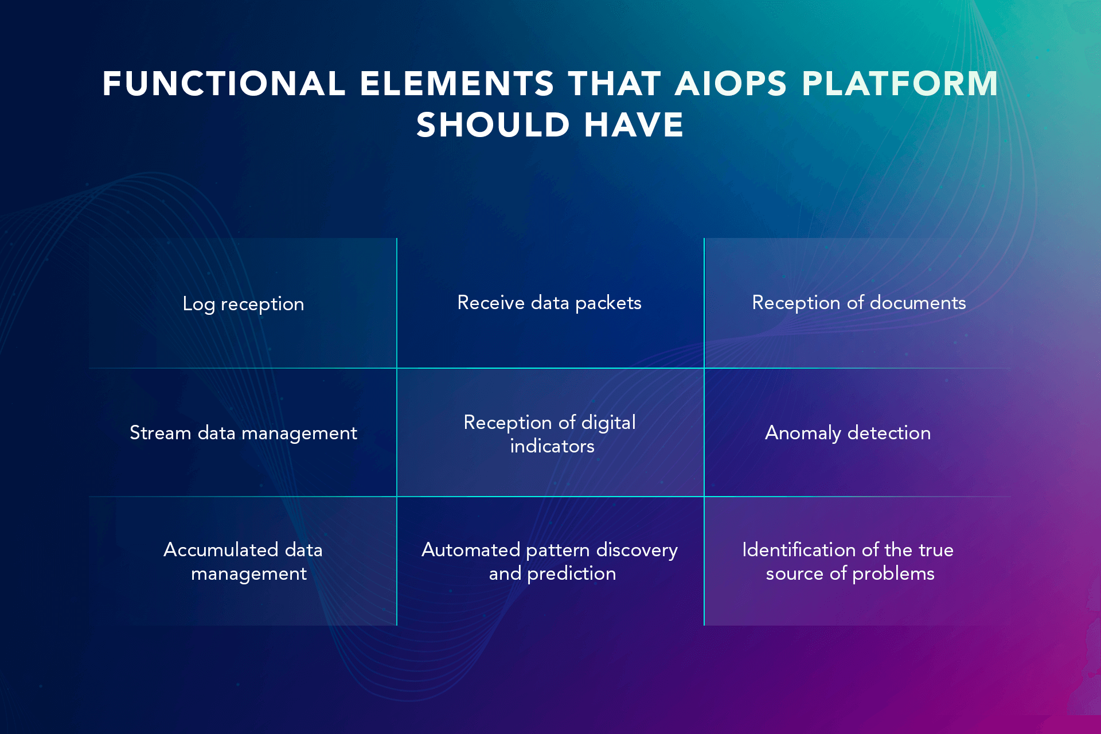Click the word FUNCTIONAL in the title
click(224, 84)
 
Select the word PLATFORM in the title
click(900, 84)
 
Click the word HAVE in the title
click(634, 124)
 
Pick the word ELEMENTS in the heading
click(456, 84)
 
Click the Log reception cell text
click(243, 304)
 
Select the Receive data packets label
click(549, 303)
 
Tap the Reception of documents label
click(859, 303)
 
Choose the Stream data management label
click(243, 433)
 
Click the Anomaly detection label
click(848, 433)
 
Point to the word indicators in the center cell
click(552, 446)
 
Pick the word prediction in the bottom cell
click(572, 574)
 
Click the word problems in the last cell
click(893, 574)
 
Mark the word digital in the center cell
click(608, 423)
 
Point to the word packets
click(608, 303)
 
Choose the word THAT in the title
click(614, 84)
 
